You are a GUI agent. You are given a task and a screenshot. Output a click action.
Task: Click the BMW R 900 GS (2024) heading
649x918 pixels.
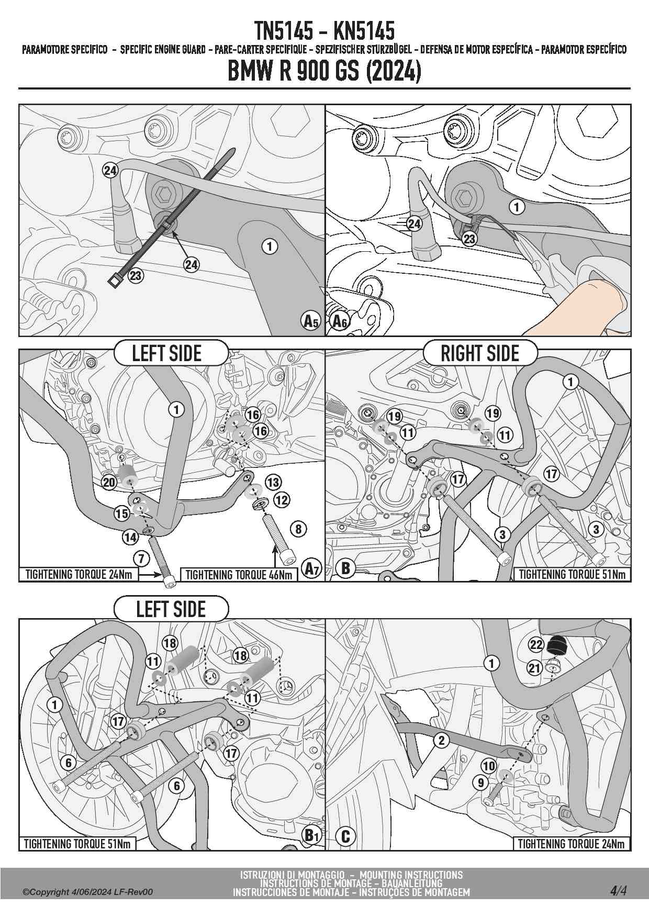pyautogui.click(x=324, y=71)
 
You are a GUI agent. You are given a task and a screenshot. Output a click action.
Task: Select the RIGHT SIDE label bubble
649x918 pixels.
pyautogui.click(x=480, y=353)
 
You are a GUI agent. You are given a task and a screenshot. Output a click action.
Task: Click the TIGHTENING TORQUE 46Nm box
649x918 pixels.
pyautogui.click(x=239, y=575)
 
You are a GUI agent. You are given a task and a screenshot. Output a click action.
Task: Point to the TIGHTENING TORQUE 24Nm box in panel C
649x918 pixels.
pyautogui.click(x=571, y=844)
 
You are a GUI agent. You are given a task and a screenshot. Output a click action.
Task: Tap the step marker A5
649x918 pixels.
pyautogui.click(x=311, y=320)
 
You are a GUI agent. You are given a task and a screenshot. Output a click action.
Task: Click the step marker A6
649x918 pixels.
pyautogui.click(x=340, y=320)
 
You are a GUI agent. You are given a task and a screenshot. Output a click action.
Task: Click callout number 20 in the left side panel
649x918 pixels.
pyautogui.click(x=109, y=482)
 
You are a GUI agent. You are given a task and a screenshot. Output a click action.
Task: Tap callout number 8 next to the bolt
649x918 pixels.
pyautogui.click(x=298, y=529)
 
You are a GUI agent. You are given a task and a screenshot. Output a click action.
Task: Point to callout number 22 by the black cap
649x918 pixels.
pyautogui.click(x=536, y=644)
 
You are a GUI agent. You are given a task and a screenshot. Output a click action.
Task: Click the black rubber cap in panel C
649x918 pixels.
pyautogui.click(x=558, y=645)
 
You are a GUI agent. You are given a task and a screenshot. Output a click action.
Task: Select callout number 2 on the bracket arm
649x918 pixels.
pyautogui.click(x=442, y=740)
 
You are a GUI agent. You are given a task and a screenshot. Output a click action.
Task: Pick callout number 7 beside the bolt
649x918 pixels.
pyautogui.click(x=141, y=558)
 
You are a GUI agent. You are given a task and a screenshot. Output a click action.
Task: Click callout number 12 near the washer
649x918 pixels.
pyautogui.click(x=282, y=500)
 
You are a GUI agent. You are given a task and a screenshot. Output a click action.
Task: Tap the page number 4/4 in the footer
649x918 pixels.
pyautogui.click(x=618, y=890)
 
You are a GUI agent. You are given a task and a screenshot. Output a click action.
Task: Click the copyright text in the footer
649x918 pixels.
pyautogui.click(x=87, y=892)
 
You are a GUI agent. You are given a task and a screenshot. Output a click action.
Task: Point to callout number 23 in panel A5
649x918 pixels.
pyautogui.click(x=136, y=275)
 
